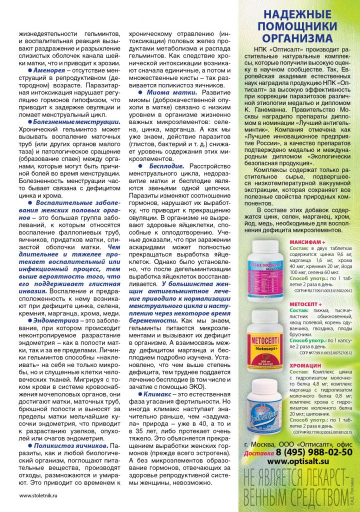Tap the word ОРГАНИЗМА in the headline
click(x=299, y=38)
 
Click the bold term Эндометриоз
click(x=55, y=319)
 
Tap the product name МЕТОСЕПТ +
click(x=306, y=303)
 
